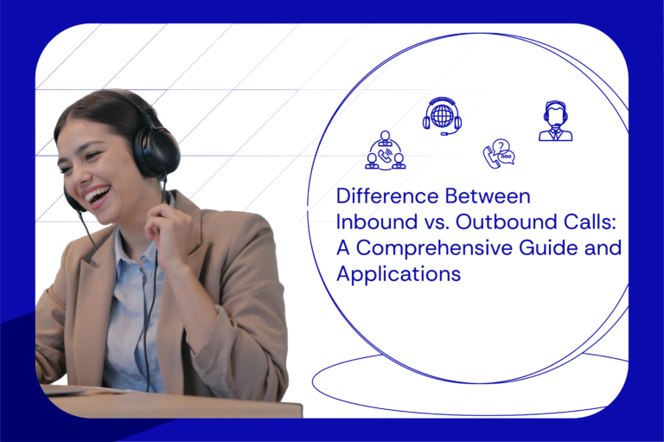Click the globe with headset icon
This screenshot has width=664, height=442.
[x=442, y=116]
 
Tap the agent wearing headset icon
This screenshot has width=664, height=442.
[x=555, y=121]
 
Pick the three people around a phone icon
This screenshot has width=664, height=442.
[x=385, y=151]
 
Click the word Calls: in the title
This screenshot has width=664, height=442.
[x=588, y=222]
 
